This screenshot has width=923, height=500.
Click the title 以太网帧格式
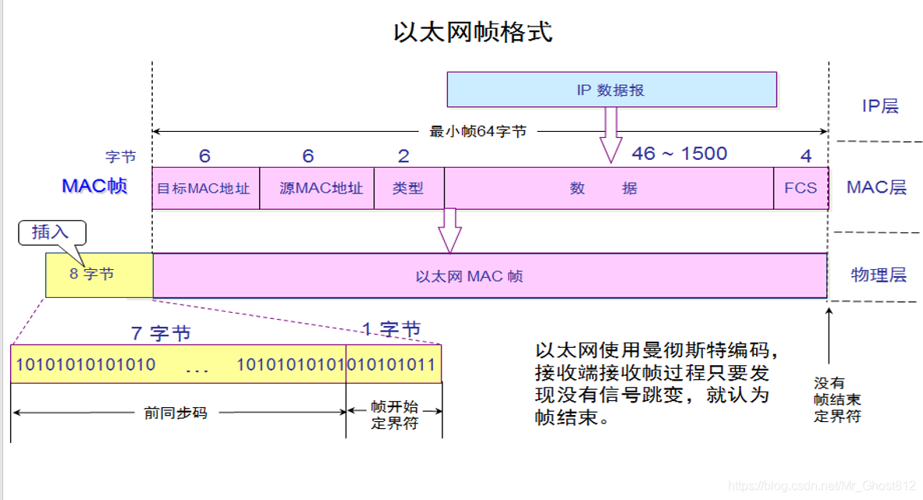pyautogui.click(x=473, y=32)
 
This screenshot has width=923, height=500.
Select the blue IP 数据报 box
pyautogui.click(x=611, y=90)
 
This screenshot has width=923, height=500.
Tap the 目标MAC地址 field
pyautogui.click(x=204, y=188)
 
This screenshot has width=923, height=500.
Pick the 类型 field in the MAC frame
pyautogui.click(x=408, y=188)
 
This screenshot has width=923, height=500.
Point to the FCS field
pyautogui.click(x=801, y=188)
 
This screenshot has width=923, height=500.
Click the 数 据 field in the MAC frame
pyautogui.click(x=609, y=188)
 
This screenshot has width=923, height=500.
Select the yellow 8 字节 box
pyautogui.click(x=98, y=275)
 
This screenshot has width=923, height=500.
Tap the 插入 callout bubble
pyautogui.click(x=51, y=232)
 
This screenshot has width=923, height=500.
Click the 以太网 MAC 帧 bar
pyautogui.click(x=490, y=275)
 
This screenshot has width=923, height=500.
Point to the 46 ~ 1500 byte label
pyautogui.click(x=679, y=154)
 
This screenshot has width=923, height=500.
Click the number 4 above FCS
pyautogui.click(x=806, y=155)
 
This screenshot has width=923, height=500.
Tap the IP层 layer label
pyautogui.click(x=880, y=106)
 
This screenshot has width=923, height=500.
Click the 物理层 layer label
pyautogui.click(x=879, y=275)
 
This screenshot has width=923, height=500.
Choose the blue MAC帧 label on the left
pyautogui.click(x=94, y=186)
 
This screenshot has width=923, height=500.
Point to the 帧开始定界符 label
pyautogui.click(x=394, y=416)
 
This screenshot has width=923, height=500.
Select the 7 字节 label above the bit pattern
pyautogui.click(x=161, y=333)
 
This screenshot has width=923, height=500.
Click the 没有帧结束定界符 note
pyautogui.click(x=837, y=399)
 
